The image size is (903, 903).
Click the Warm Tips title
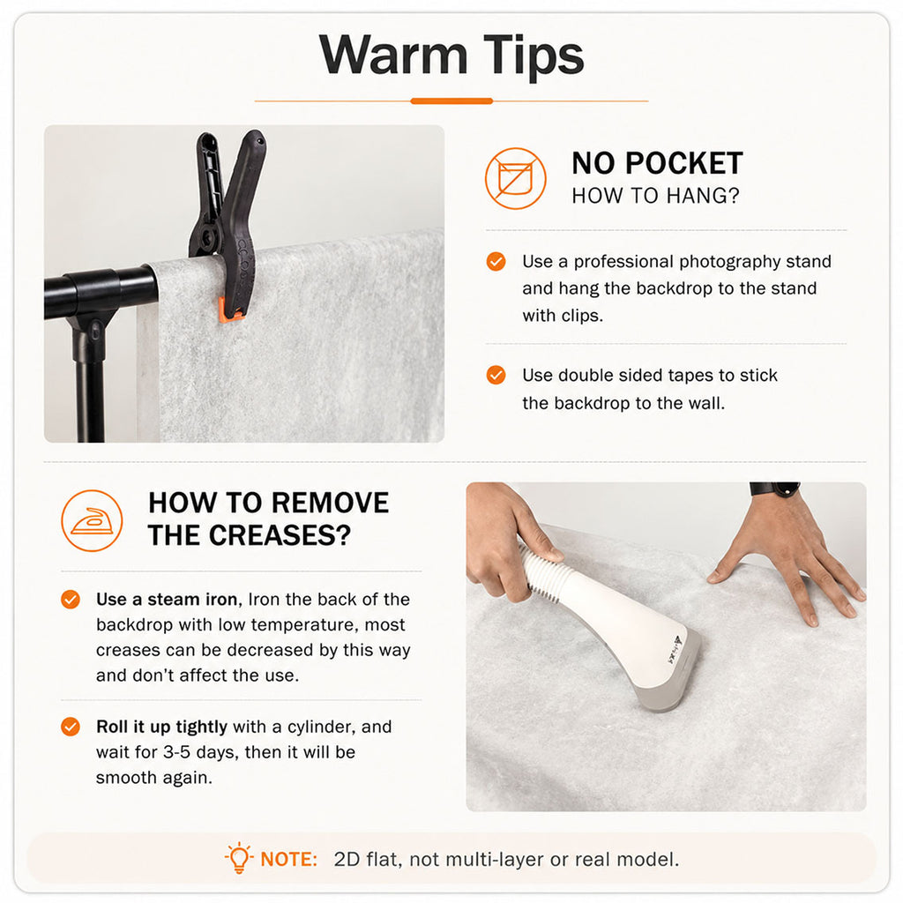click(451, 56)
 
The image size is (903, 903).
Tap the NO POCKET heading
click(657, 163)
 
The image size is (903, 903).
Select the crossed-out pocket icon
click(515, 178)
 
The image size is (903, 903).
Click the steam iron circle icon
click(92, 520)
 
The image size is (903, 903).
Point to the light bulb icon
click(239, 858)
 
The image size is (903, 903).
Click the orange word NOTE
click(288, 859)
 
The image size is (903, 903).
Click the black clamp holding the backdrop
click(228, 225)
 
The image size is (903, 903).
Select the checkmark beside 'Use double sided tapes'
click(496, 375)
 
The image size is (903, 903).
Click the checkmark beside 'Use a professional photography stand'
click(496, 261)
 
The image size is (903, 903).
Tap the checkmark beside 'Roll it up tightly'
click(71, 727)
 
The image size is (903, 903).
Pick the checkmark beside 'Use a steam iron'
click(71, 600)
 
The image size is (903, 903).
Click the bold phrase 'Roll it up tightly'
click(162, 728)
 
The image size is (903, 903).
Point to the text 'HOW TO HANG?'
click(655, 196)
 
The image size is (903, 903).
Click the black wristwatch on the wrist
click(775, 489)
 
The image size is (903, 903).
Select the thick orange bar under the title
click(451, 101)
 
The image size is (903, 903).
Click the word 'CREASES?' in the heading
click(280, 535)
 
